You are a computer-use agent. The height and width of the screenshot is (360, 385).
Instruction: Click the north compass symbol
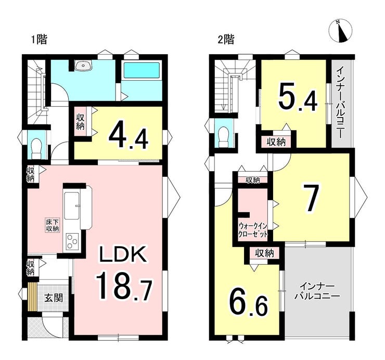341,31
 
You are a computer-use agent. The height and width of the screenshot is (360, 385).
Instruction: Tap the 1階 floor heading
39,40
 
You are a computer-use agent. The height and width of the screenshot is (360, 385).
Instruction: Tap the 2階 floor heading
226,40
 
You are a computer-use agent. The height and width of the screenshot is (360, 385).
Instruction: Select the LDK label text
123,254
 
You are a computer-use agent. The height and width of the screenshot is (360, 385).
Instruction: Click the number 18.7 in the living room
124,286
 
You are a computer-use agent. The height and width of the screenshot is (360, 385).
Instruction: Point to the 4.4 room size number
129,138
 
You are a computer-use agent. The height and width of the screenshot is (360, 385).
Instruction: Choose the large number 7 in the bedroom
311,198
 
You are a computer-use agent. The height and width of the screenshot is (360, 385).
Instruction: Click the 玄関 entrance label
54,298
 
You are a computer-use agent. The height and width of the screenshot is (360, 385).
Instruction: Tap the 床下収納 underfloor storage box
52,225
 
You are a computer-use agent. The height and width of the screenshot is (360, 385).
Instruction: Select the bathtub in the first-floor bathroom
141,71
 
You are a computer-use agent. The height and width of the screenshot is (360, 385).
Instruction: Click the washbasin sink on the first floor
83,66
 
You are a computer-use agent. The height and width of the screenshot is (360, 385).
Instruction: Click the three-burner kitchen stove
72,241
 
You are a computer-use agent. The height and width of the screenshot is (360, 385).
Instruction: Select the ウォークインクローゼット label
253,229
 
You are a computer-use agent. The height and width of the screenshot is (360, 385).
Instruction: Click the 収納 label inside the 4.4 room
80,122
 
